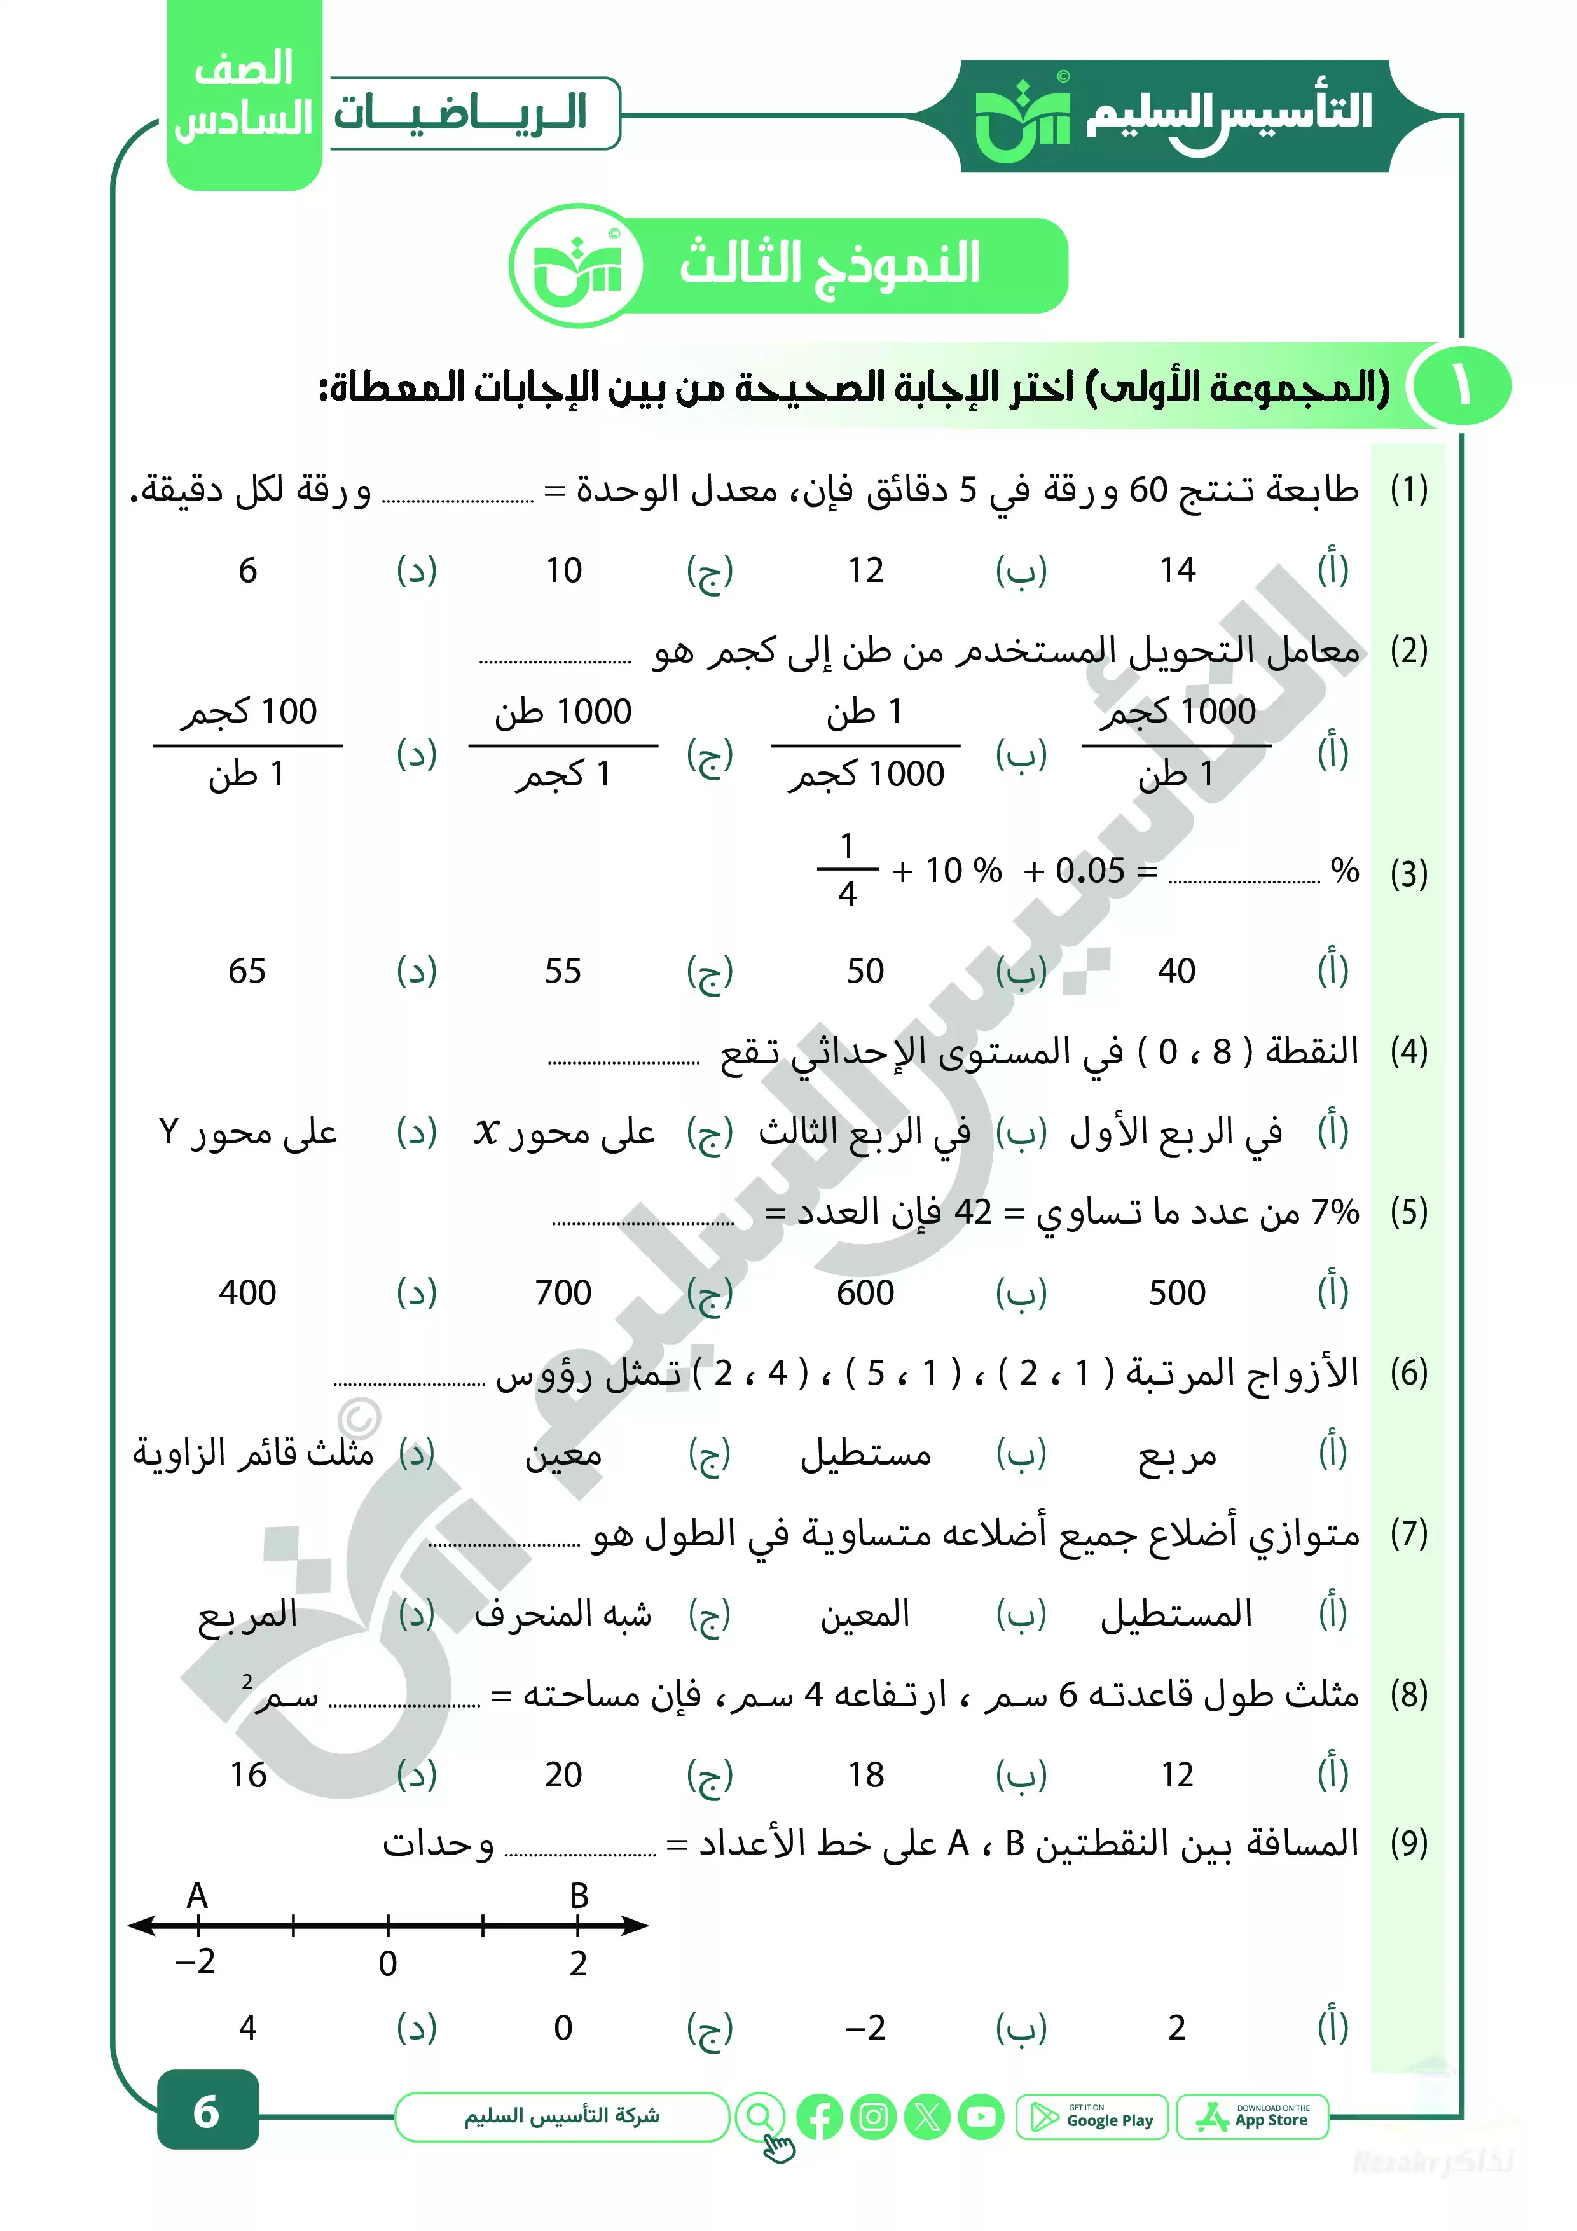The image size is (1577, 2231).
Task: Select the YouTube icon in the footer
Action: pyautogui.click(x=981, y=2117)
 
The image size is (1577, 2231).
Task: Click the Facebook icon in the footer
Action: pyautogui.click(x=819, y=2117)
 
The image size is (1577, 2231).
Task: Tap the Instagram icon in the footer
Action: pyautogui.click(x=872, y=2117)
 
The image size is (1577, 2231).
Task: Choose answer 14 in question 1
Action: pyautogui.click(x=1176, y=570)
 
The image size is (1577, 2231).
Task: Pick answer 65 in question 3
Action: pyautogui.click(x=247, y=970)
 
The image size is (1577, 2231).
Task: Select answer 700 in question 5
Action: pyautogui.click(x=563, y=1292)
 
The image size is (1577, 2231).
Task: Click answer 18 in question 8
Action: pyautogui.click(x=865, y=1774)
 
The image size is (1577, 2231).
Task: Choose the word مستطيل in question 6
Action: pyautogui.click(x=865, y=1454)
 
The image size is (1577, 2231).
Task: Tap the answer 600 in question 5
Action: pyautogui.click(x=865, y=1292)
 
